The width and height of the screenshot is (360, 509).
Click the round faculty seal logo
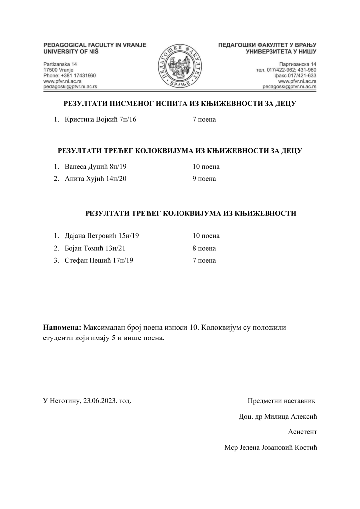tap(180, 66)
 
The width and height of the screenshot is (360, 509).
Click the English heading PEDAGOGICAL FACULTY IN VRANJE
tap(95, 45)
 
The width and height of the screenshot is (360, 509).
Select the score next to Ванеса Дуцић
tap(206, 167)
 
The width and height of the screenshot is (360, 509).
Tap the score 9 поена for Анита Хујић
tap(204, 179)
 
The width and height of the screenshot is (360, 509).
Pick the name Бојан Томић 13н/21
tap(95, 248)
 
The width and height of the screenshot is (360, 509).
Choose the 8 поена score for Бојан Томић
tap(204, 248)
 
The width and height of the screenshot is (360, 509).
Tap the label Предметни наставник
tap(281, 400)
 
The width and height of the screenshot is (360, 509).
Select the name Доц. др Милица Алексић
tap(278, 416)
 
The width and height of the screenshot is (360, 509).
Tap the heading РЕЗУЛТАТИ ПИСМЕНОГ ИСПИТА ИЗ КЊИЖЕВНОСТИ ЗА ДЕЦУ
tap(180, 104)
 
